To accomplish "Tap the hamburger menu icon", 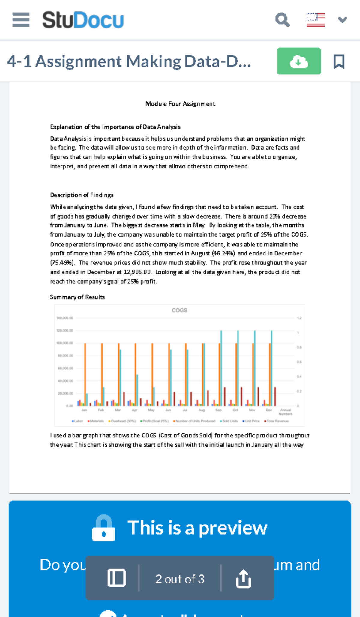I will pos(21,20).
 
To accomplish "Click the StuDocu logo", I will pos(83,20).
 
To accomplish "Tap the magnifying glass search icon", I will pos(282,20).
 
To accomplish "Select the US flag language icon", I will pos(316,20).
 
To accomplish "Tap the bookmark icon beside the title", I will pos(339,61).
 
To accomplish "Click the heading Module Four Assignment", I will pos(180,104).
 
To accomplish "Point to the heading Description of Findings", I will pos(82,195).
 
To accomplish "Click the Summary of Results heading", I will pos(77,297).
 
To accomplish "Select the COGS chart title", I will pos(179,311).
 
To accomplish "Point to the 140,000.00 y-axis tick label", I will pos(64,318).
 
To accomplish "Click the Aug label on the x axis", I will pos(202,410).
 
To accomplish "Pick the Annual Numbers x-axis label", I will pos(286,412).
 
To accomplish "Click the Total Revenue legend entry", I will pos(276,421).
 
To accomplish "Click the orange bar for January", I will pos(85,375).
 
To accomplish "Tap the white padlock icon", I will pos(103,528).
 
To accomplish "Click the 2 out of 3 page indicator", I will pos(180,579).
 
